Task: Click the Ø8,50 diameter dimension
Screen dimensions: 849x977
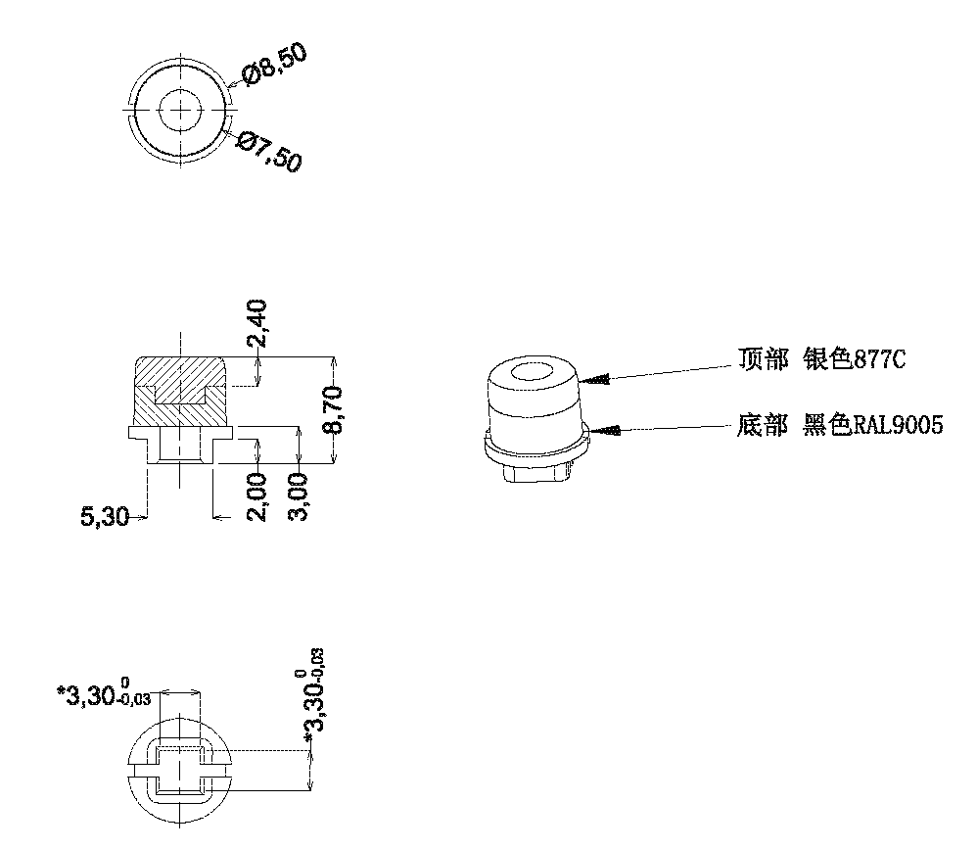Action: tap(274, 64)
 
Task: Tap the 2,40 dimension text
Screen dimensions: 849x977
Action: tap(257, 325)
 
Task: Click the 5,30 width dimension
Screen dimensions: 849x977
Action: tap(105, 516)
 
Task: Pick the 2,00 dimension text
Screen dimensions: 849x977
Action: tap(257, 496)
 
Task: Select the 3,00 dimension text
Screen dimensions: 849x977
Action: tap(300, 496)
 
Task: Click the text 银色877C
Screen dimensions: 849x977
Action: tap(854, 359)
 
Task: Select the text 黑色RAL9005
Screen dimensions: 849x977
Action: tap(872, 426)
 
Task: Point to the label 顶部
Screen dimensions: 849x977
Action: tap(763, 359)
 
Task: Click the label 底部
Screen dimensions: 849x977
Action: tap(763, 426)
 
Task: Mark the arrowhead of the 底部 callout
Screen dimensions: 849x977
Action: tap(603, 429)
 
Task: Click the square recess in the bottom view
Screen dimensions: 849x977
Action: tap(179, 769)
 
